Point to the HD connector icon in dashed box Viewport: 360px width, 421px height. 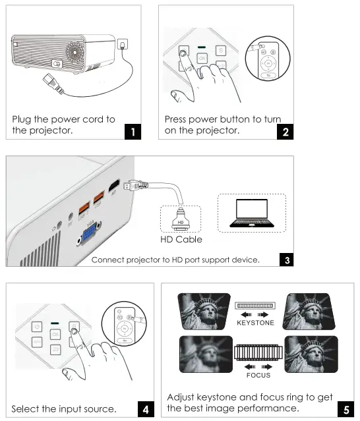[x=179, y=218]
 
